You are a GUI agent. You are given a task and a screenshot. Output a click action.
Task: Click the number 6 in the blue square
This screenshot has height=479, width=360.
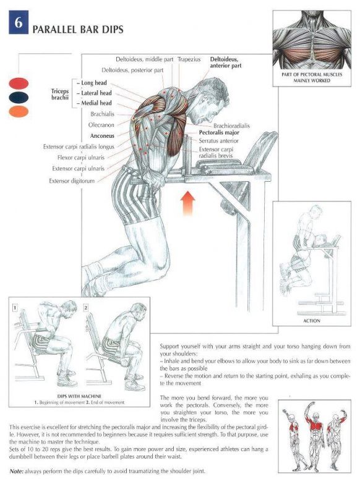[x=19, y=22]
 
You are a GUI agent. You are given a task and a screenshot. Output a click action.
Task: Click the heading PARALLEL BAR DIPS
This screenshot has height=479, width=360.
[x=78, y=30]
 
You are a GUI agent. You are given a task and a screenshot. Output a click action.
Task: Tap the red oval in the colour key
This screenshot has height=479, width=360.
[x=19, y=83]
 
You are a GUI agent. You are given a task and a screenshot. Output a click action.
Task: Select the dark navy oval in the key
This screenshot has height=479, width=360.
[x=19, y=98]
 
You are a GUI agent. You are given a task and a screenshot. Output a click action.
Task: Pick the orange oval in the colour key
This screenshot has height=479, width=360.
[x=19, y=111]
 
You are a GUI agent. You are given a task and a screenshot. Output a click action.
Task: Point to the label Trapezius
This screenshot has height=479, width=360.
[x=189, y=59]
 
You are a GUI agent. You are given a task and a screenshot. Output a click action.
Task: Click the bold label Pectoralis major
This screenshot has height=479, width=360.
[x=219, y=133]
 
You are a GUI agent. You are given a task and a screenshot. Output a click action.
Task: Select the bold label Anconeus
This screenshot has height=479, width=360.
[x=102, y=136]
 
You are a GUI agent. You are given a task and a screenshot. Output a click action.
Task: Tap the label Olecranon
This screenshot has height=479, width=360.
[x=101, y=125]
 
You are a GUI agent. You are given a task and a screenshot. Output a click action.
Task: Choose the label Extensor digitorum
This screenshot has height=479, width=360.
[x=72, y=181]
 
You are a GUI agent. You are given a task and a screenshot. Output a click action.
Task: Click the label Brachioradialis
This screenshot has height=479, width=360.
[x=231, y=126]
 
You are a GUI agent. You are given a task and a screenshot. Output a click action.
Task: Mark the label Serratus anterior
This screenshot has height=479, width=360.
[x=218, y=141]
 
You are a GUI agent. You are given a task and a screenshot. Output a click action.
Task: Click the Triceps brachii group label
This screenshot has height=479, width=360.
[x=60, y=95]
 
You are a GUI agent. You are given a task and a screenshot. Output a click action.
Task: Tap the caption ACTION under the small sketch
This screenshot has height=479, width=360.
[x=312, y=321]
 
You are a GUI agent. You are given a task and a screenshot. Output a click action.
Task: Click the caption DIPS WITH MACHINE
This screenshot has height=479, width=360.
[x=79, y=396]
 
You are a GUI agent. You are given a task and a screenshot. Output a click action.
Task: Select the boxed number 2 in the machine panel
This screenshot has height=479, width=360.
[x=86, y=308]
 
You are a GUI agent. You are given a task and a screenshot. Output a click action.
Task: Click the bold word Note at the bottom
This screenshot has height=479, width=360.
[x=17, y=471]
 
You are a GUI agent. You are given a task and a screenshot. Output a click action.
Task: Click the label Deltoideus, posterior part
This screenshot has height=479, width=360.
[x=132, y=70]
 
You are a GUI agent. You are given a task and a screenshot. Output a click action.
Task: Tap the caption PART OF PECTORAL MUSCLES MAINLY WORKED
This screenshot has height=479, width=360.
[x=312, y=77]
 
